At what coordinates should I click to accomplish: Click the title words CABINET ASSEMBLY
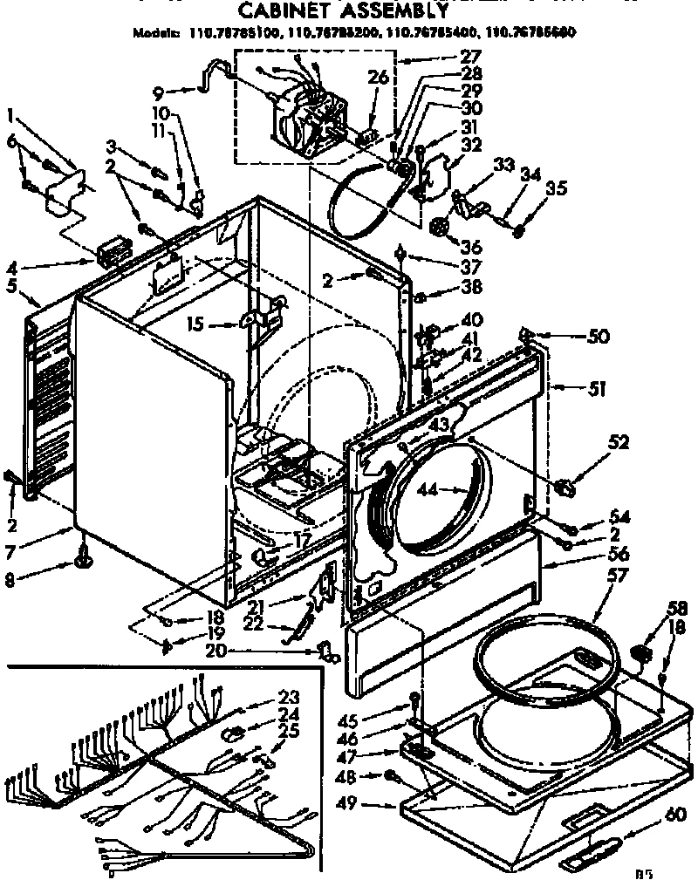click(x=344, y=11)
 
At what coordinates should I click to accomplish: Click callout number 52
click(x=619, y=443)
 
